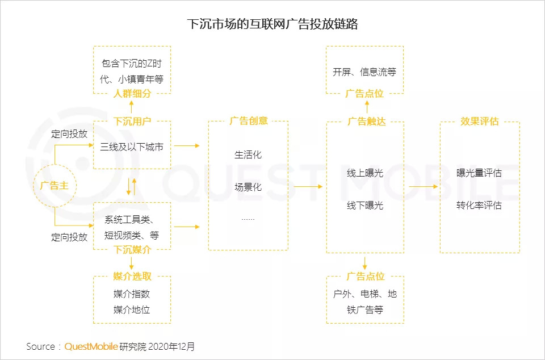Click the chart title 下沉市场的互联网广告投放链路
pos(272,24)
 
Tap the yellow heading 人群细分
pos(132,94)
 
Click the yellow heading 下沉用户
pos(132,122)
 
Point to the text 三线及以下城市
pos(132,146)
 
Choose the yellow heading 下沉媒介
pos(132,249)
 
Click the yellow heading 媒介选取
pos(132,277)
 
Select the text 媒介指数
pos(132,294)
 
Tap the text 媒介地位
pos(132,309)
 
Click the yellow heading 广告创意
pos(248,121)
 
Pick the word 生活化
pos(248,154)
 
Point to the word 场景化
pos(248,187)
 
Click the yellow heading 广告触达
pos(366,122)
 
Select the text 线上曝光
pos(365,173)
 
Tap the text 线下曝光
pos(365,205)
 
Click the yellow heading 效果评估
pos(479,122)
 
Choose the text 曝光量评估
pos(479,173)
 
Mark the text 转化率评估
pos(479,205)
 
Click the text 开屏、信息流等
pos(364,72)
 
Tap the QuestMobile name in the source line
pos(91,346)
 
